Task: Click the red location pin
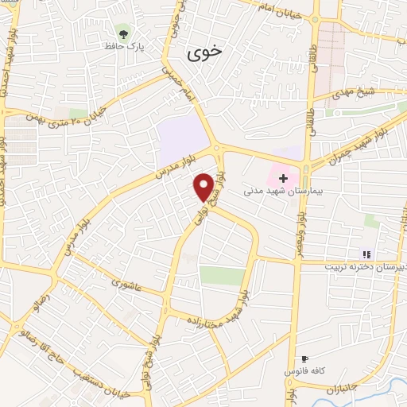click(x=204, y=188)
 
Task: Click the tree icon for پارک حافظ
click(x=122, y=32)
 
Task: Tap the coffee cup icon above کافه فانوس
click(x=304, y=359)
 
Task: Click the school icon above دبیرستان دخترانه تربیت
click(x=366, y=254)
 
